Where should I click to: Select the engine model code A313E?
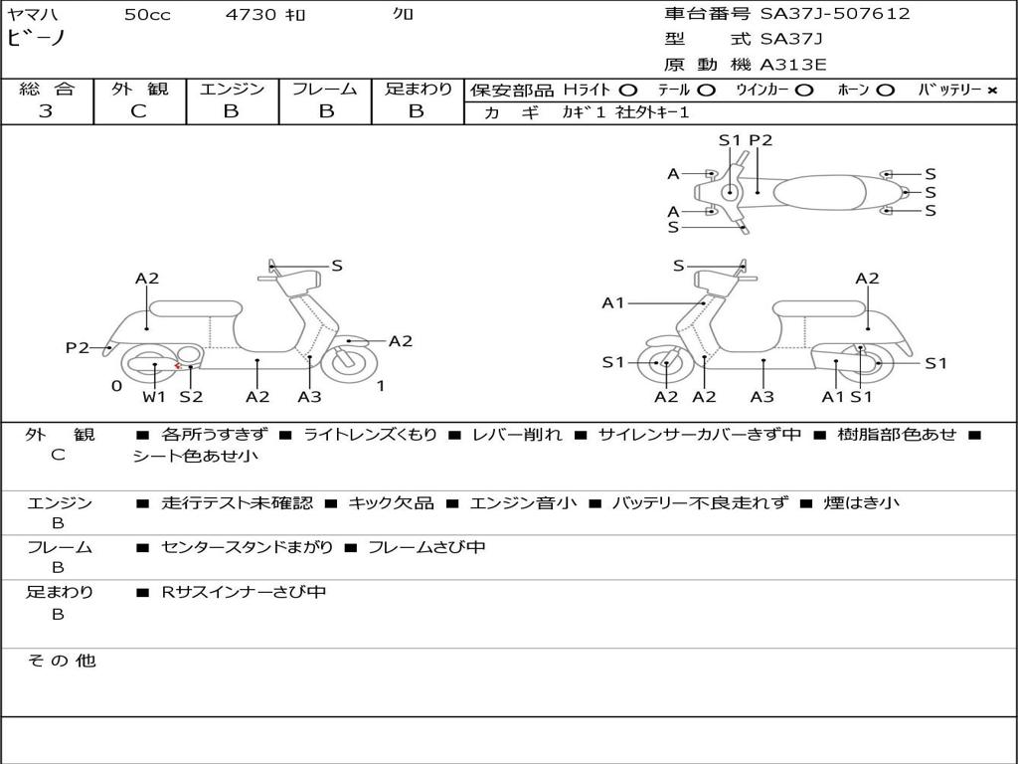coord(793,65)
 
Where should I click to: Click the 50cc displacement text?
coord(147,15)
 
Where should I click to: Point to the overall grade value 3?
coord(46,111)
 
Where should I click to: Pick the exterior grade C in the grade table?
coord(139,111)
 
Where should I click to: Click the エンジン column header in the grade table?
coord(232,89)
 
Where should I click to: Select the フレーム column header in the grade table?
coord(324,89)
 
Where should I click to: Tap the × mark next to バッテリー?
coord(992,91)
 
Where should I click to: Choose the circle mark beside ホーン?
coord(885,91)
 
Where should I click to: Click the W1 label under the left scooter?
coord(154,397)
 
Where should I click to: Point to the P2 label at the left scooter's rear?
coord(78,347)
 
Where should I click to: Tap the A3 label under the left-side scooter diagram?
coord(309,397)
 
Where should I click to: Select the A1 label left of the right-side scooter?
coord(613,302)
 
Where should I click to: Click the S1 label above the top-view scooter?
coord(730,140)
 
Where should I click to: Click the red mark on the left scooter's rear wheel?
coord(177,366)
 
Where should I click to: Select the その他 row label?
coord(62,661)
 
